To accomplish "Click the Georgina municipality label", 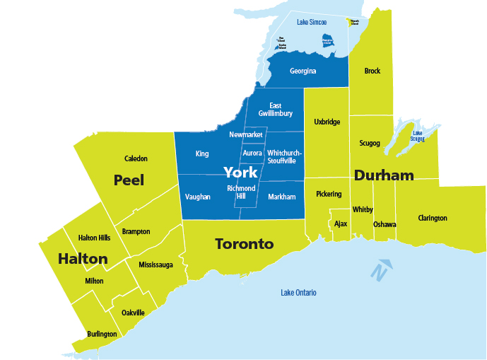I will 303,71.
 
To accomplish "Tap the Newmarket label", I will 246,134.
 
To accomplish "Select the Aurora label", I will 252,153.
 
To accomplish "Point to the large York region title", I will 240,172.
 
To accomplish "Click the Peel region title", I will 129,180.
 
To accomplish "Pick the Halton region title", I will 83,259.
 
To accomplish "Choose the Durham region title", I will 384,175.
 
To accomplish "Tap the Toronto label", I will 244,244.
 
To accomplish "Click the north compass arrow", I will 381,269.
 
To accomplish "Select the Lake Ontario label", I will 298,293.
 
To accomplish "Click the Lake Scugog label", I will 418,136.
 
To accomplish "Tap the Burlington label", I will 102,334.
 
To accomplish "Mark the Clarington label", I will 432,218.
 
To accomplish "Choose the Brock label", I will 372,71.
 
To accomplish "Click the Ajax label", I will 341,223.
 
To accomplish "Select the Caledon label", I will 136,158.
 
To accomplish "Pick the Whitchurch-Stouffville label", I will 285,156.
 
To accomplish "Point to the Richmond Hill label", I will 241,192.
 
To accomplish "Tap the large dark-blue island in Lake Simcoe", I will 327,41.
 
